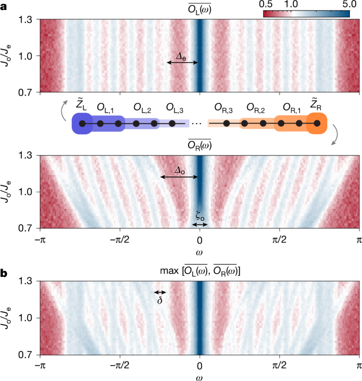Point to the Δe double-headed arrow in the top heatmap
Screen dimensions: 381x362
(182, 62)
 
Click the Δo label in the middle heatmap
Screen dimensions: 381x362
(181, 171)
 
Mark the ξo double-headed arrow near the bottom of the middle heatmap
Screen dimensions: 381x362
(200, 225)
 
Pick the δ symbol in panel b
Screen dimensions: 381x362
(160, 300)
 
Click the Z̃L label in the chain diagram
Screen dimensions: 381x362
(81, 106)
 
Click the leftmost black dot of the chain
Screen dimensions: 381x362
(82, 124)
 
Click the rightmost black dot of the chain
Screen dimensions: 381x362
(317, 124)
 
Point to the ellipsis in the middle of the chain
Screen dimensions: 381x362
(197, 124)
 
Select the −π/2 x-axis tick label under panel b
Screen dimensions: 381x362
(120, 366)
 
